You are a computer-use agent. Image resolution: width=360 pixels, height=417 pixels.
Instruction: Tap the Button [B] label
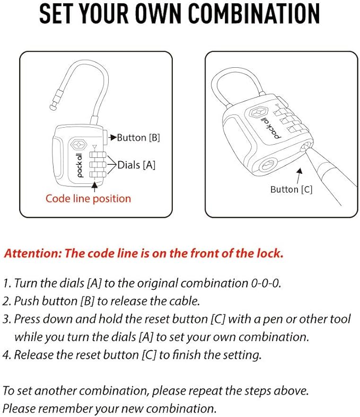pyautogui.click(x=138, y=138)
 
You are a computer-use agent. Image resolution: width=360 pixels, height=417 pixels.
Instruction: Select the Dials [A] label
pyautogui.click(x=136, y=165)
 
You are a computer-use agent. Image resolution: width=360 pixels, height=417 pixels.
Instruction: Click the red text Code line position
pyautogui.click(x=88, y=199)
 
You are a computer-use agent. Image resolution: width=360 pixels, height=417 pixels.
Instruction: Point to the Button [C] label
pyautogui.click(x=291, y=189)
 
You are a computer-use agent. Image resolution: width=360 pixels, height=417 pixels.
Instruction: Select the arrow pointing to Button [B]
pyautogui.click(x=112, y=138)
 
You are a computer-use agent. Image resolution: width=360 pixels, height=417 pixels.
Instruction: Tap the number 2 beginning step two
pyautogui.click(x=6, y=301)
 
